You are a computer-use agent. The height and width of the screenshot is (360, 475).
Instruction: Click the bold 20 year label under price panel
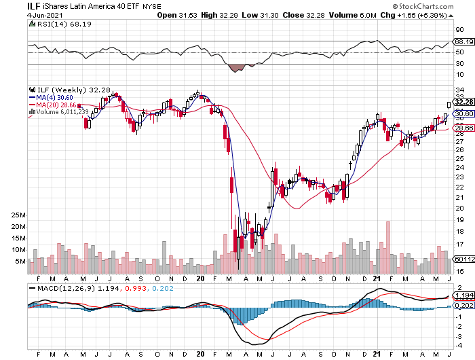point(199,278)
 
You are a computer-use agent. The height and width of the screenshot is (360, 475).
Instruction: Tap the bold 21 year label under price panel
point(377,278)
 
